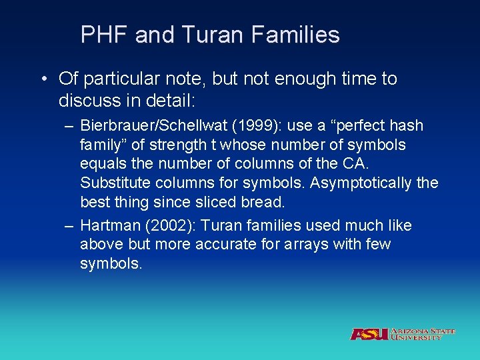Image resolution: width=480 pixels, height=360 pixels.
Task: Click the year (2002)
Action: (163, 226)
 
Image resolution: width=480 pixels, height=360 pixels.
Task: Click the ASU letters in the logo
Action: (369, 334)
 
